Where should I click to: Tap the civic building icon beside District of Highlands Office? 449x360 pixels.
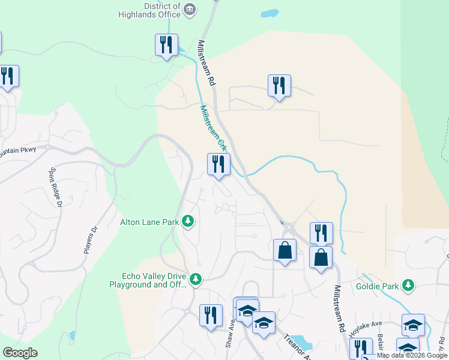(190, 8)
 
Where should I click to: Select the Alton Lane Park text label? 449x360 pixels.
(149, 222)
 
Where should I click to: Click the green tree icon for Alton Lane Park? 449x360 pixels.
(188, 222)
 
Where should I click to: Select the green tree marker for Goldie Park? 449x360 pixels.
(408, 285)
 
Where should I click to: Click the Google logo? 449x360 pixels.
(20, 353)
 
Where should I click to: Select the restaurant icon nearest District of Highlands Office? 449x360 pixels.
(165, 44)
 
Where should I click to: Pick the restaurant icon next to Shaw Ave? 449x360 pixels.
(210, 315)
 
